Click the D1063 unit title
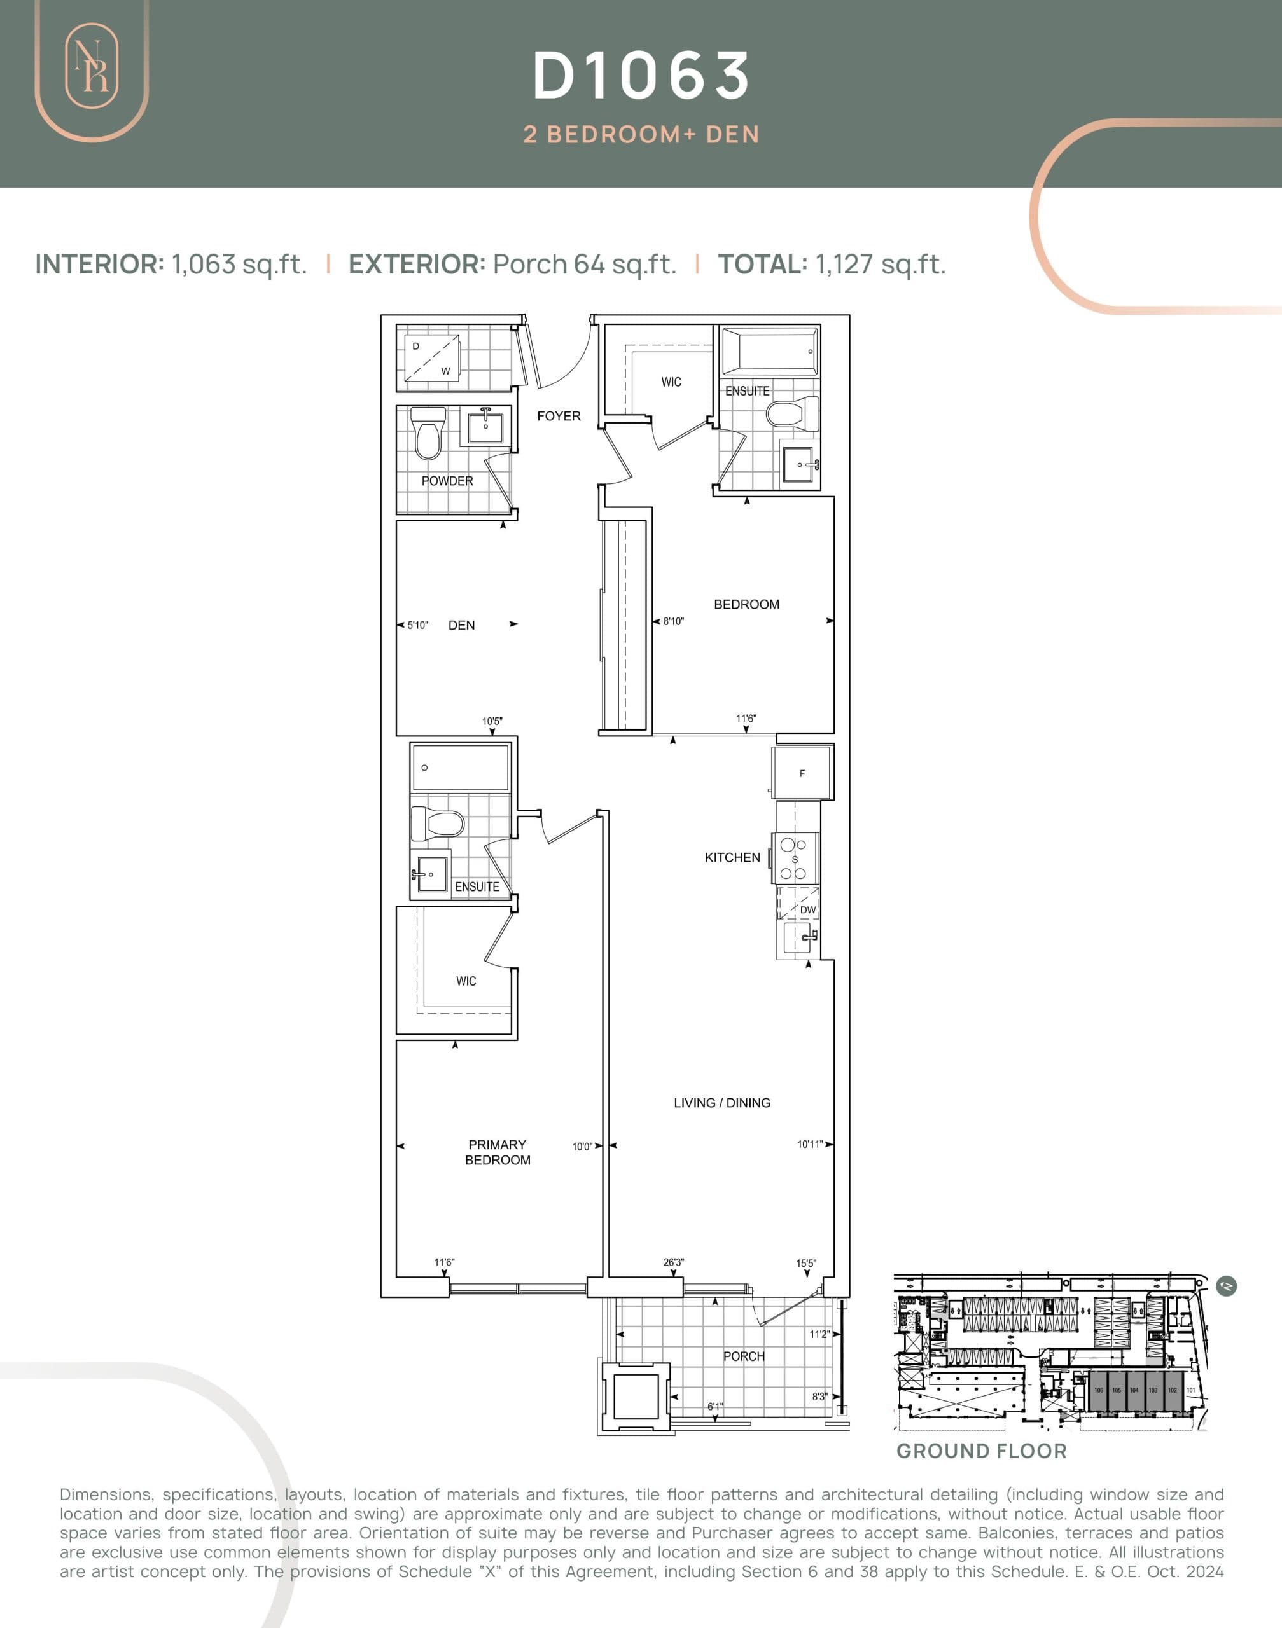pos(641,76)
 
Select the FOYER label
pos(559,416)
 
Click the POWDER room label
pos(447,481)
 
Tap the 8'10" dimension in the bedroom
pos(672,621)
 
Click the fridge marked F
pos(802,773)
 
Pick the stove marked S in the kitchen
pos(795,859)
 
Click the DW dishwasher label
pos(807,909)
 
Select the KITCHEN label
pos(732,857)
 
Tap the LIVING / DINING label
pos(721,1102)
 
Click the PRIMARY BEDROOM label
pos(497,1152)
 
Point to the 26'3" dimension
pos(673,1262)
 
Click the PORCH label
pos(743,1356)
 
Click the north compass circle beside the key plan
pos(1226,1286)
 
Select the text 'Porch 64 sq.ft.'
pos(584,264)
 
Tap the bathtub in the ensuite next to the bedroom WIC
pos(769,350)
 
